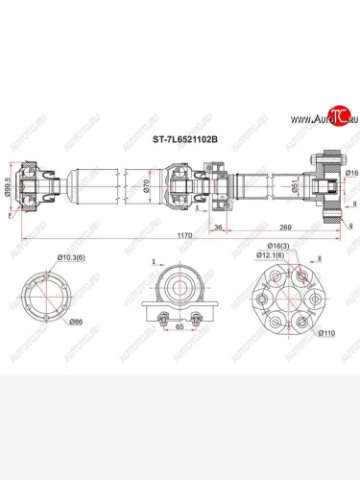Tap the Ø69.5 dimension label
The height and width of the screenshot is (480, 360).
[9, 186]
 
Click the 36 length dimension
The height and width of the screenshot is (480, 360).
[218, 228]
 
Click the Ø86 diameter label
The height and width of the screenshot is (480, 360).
[75, 322]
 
